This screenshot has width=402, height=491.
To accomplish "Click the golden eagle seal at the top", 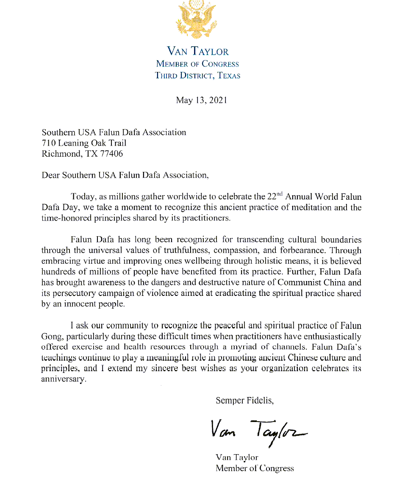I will tap(197, 19).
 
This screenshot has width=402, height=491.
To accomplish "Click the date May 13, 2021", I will tap(201, 100).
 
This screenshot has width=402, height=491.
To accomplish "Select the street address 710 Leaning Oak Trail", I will tap(84, 143).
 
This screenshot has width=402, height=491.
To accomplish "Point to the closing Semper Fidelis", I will tap(241, 400).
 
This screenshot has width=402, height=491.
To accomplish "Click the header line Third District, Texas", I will tap(197, 76).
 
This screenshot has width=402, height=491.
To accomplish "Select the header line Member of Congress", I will tap(197, 64).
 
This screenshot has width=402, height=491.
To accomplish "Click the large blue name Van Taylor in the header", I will tap(198, 52).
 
